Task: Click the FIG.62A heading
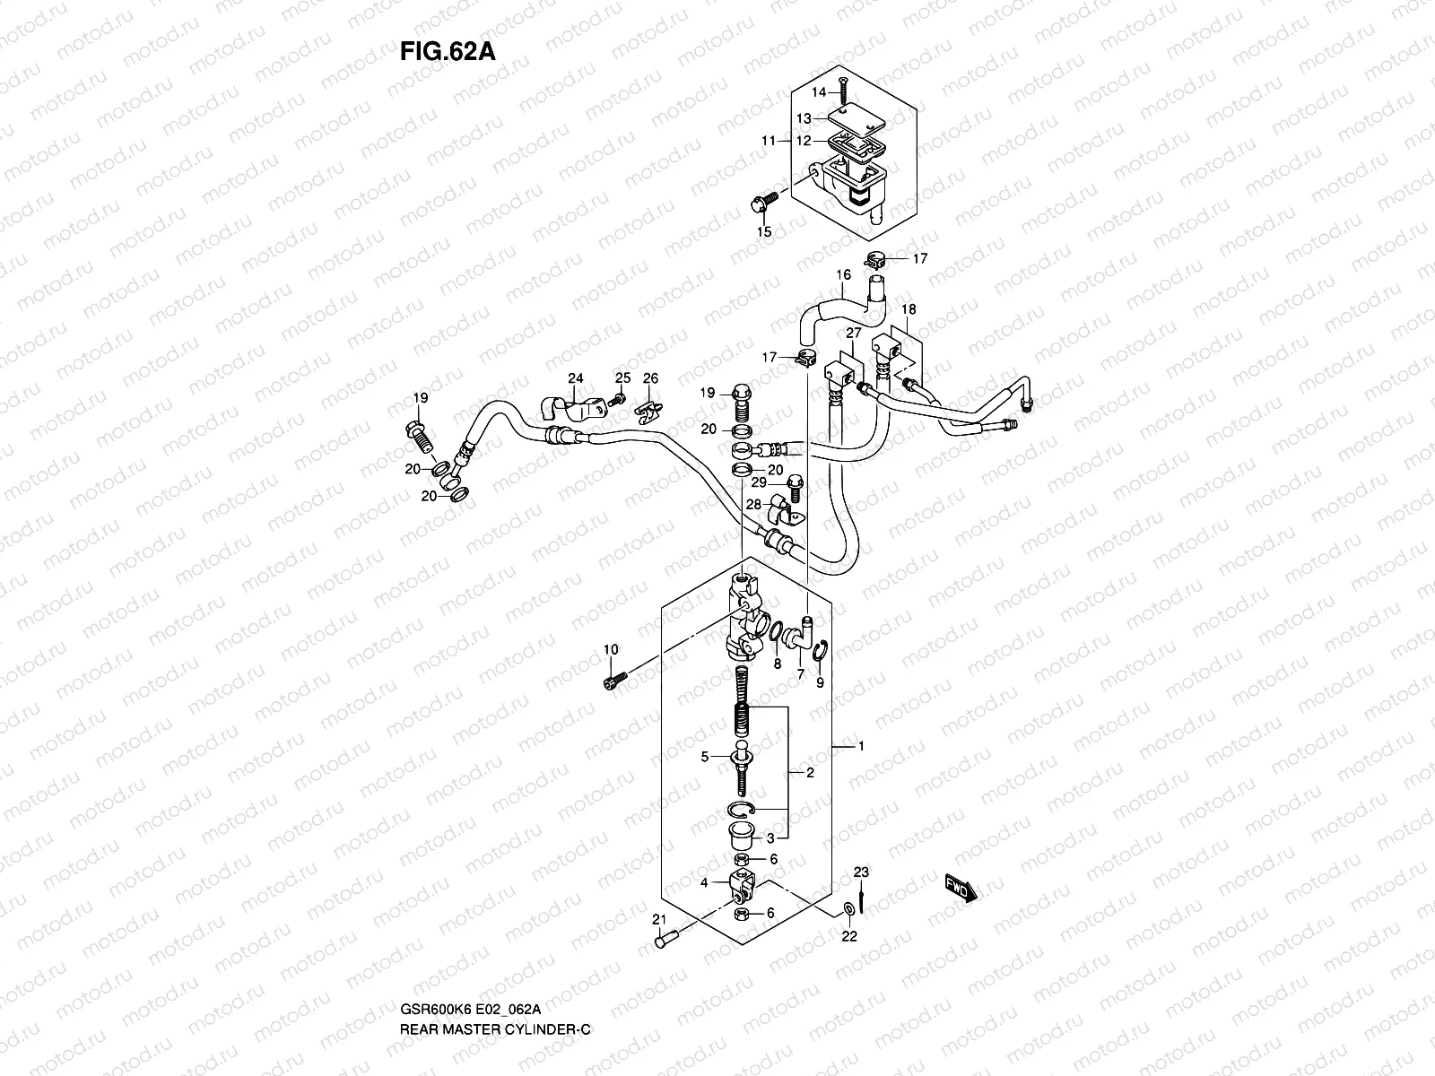point(447,50)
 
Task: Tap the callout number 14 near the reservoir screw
point(818,92)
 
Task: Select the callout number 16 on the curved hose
point(843,276)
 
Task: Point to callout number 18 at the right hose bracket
point(909,309)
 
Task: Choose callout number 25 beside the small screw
point(622,377)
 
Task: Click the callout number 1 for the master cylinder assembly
point(861,746)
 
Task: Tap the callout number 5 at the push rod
point(705,757)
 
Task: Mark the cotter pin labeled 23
point(861,896)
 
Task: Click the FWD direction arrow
point(961,888)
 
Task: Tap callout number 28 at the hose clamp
point(753,507)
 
